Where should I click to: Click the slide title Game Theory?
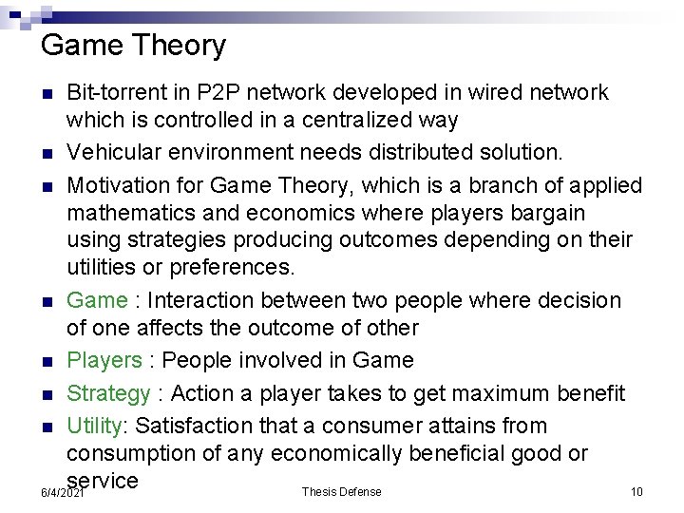point(134,45)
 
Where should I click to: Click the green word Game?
point(97,300)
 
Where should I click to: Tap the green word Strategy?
point(109,393)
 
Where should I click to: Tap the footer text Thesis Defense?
point(341,492)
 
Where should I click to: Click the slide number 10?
point(636,492)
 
